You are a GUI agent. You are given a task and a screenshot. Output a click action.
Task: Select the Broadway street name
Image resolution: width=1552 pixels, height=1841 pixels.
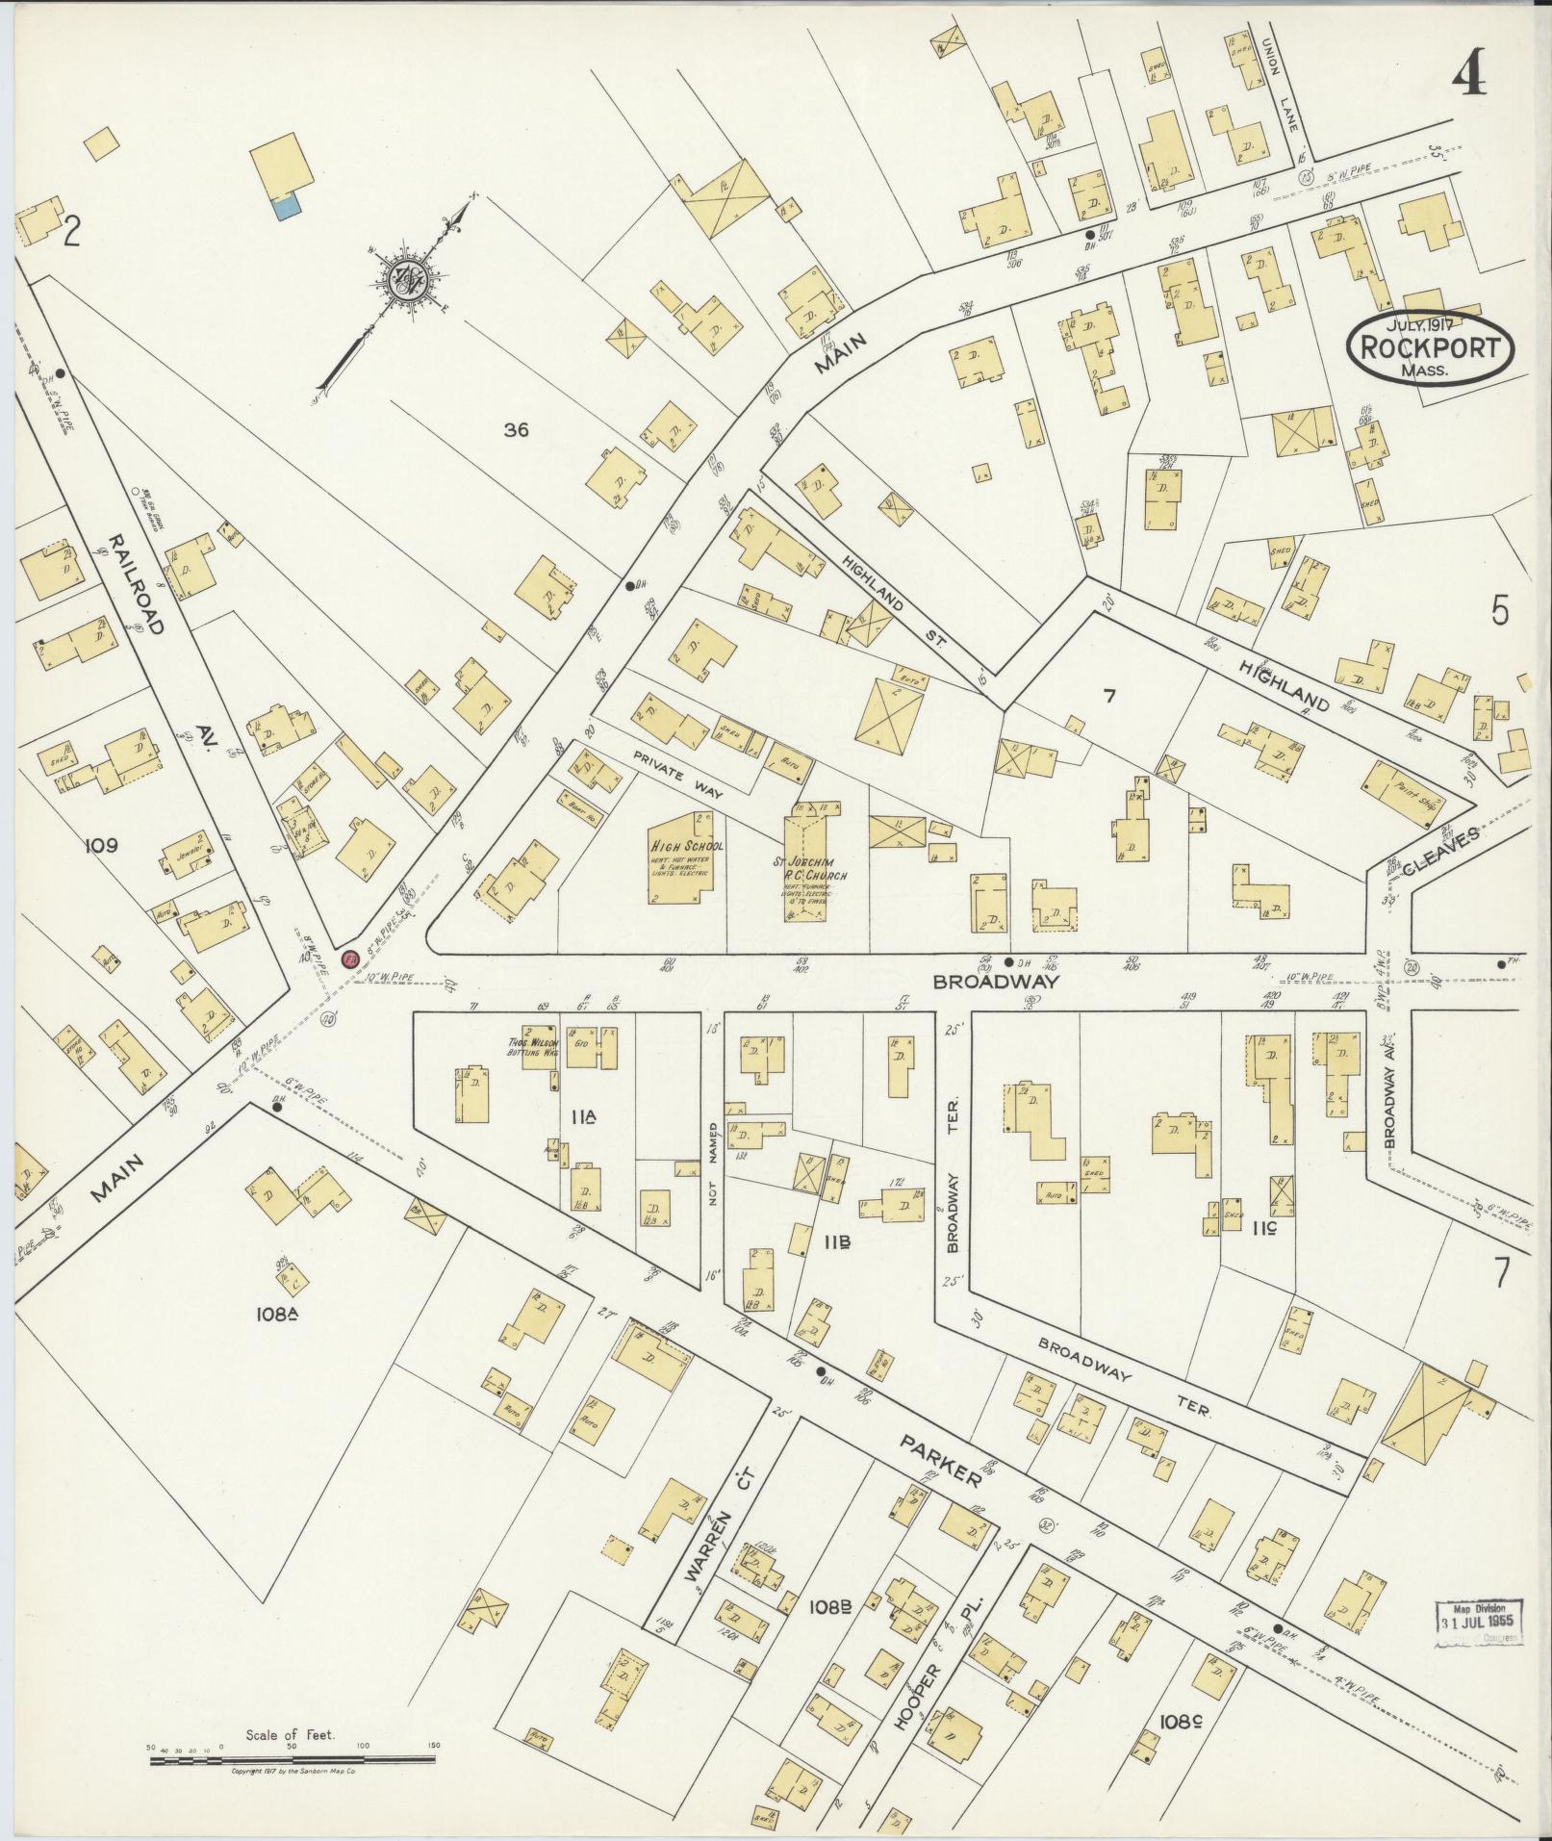[x=996, y=983]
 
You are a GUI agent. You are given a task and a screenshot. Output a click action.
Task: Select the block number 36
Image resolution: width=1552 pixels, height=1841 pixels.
[x=516, y=430]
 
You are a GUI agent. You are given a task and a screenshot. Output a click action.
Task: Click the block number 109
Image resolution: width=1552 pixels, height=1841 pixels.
[x=100, y=845]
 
